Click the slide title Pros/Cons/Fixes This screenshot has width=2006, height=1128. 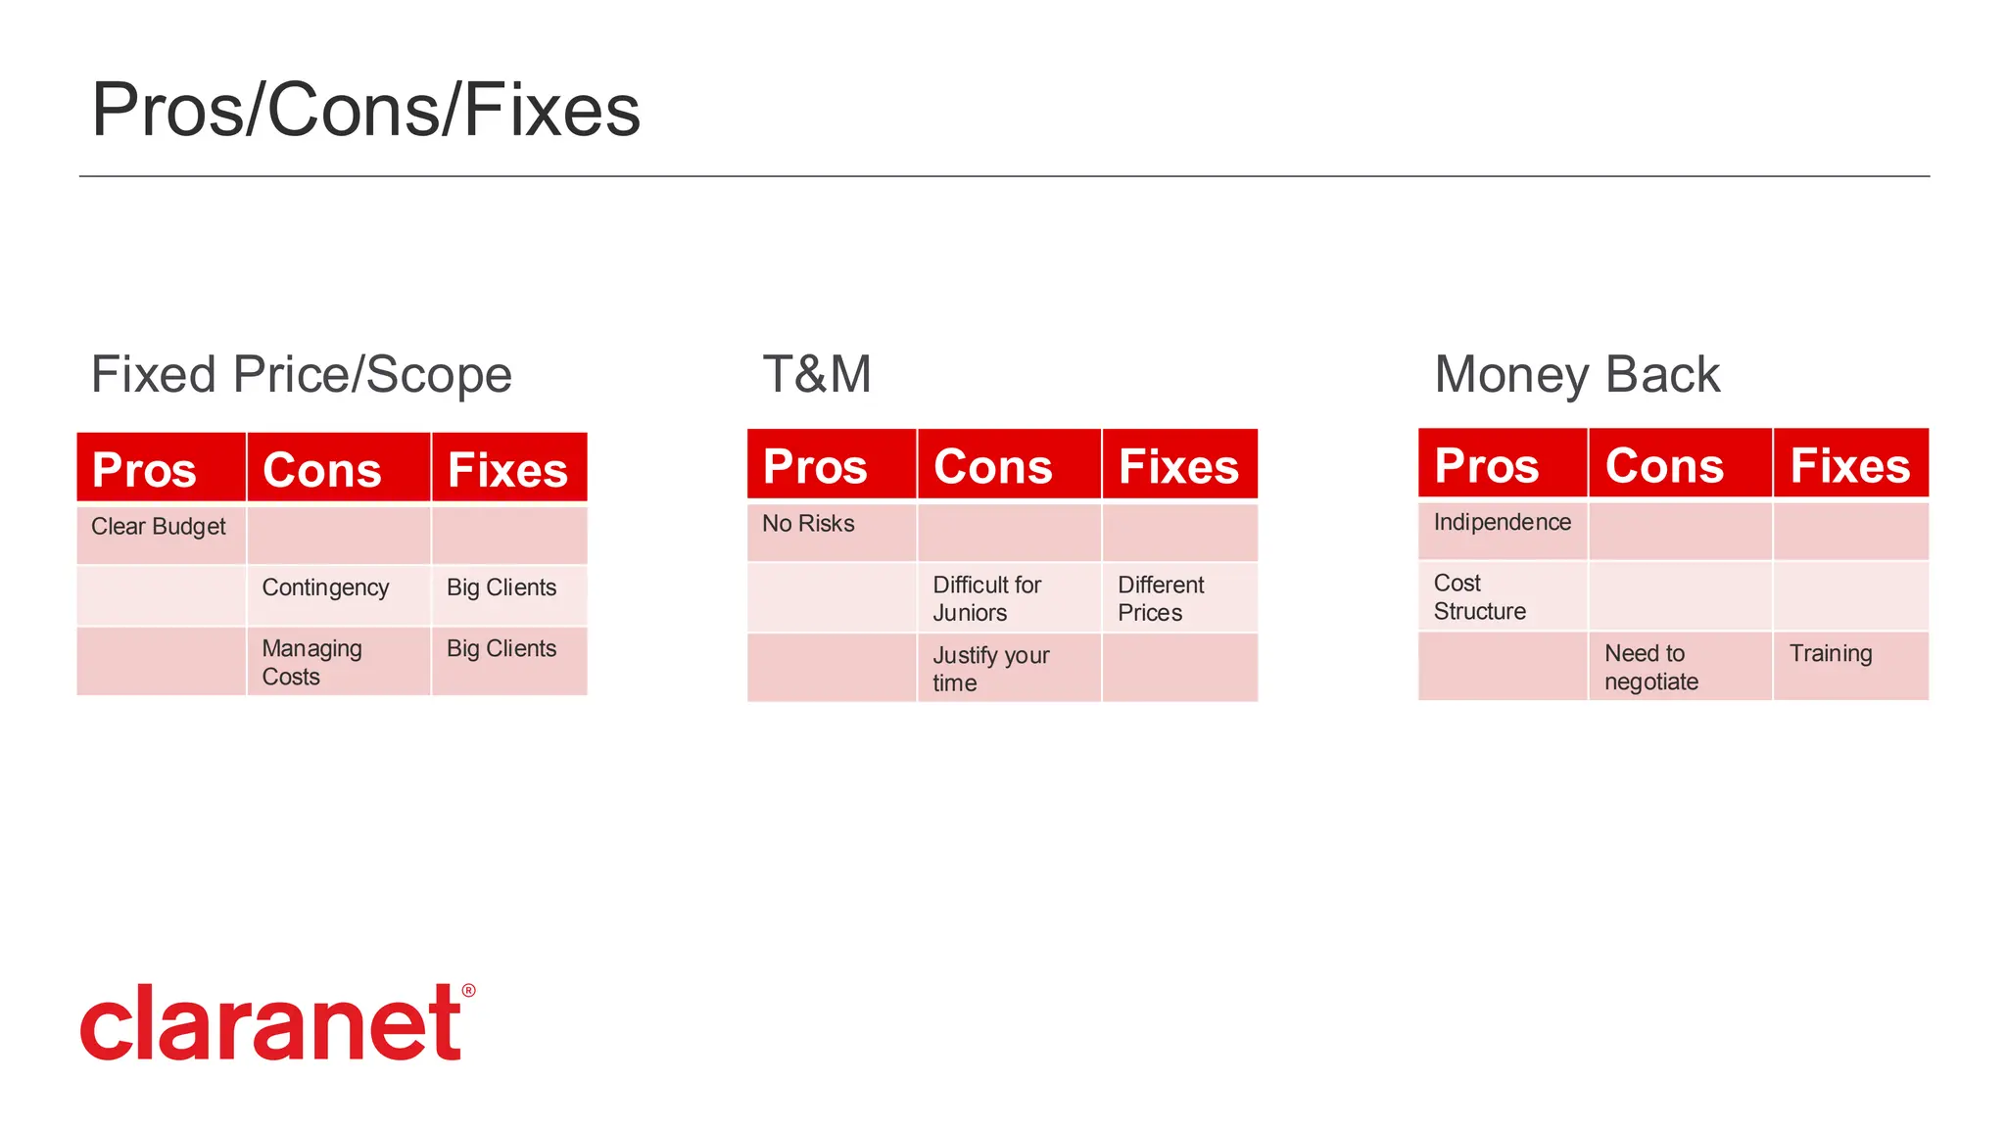[x=365, y=110]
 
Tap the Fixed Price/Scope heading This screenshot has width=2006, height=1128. [x=301, y=374]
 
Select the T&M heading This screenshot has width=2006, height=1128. [x=817, y=374]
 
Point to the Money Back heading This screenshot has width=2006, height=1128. [x=1576, y=374]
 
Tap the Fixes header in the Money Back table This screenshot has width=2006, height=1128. [x=1849, y=465]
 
